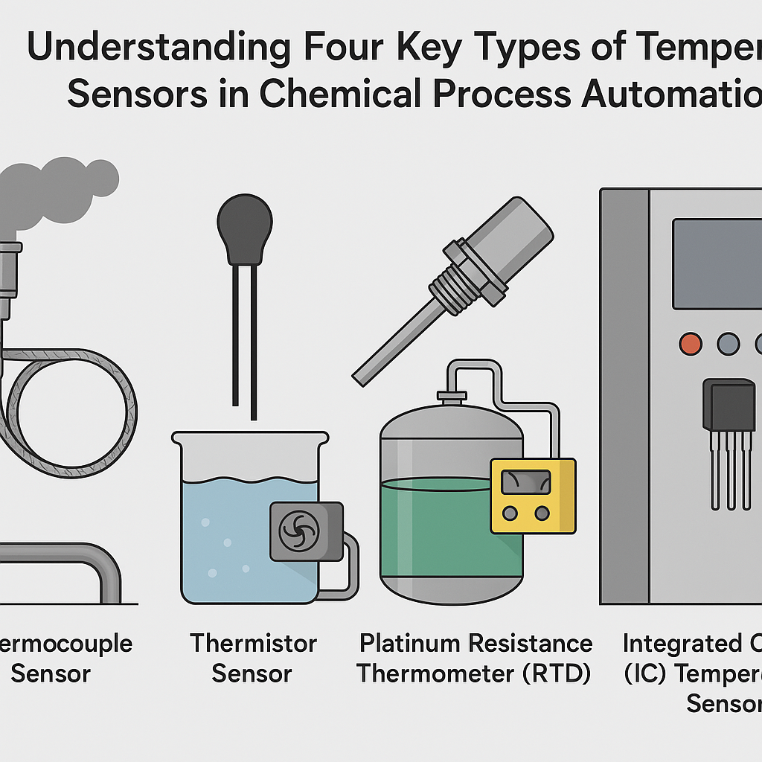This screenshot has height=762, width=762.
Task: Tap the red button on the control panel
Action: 691,344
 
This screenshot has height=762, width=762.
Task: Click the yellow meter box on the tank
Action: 533,496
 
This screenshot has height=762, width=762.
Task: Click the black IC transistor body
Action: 730,406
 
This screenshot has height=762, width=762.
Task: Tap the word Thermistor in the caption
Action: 253,643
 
